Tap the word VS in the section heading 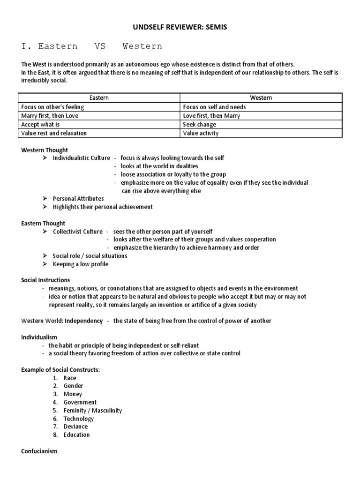pos(100,46)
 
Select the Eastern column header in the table pos(99,98)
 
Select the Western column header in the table pos(261,98)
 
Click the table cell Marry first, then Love pos(50,116)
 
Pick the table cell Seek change pos(200,125)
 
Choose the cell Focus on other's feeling pos(52,107)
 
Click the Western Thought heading pos(45,150)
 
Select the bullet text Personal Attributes pos(78,199)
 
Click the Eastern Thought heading pos(43,223)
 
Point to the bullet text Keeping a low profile pos(80,264)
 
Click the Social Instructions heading pos(45,280)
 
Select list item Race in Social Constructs pos(70,378)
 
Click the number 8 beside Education pos(55,435)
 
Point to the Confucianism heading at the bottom pos(39,451)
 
